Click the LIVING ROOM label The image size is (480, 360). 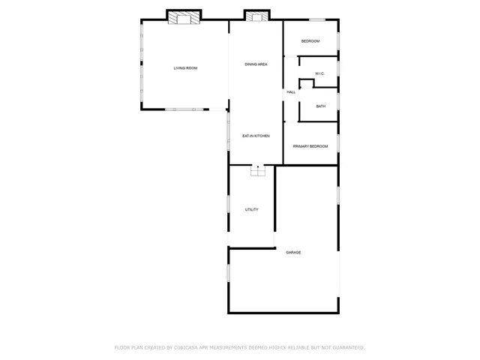(185, 68)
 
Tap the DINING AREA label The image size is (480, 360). (256, 64)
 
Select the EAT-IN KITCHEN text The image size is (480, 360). (256, 136)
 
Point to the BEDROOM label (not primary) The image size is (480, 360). (310, 41)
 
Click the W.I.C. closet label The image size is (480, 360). (319, 73)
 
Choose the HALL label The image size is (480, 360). (291, 92)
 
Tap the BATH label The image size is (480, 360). (320, 106)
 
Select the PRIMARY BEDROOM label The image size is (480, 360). (310, 146)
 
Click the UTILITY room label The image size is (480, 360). (252, 210)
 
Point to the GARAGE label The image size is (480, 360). (293, 253)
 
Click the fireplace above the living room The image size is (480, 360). (184, 17)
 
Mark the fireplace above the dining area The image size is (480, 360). (256, 16)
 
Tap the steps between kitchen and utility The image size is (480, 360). (258, 172)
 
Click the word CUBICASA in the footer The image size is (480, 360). (190, 348)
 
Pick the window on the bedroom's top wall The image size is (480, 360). (317, 20)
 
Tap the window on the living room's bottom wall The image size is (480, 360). (184, 109)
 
